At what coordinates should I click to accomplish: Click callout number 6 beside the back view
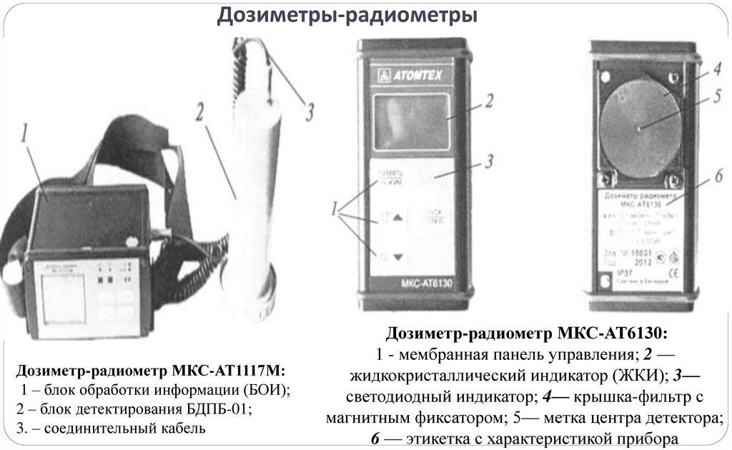click(x=716, y=176)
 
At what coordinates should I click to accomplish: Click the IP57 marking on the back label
click(x=610, y=273)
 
